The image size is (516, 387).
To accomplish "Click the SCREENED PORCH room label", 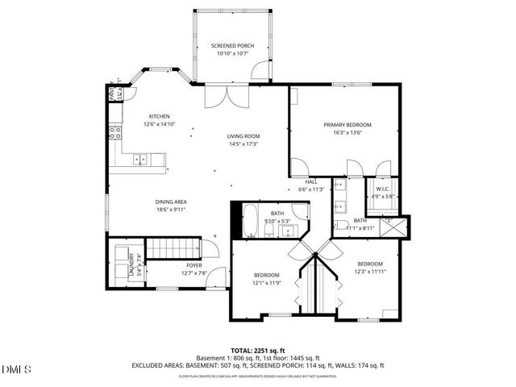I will click(x=232, y=46).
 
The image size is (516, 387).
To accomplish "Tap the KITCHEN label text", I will click(x=136, y=116).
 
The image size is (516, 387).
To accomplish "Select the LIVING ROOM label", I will click(x=242, y=135).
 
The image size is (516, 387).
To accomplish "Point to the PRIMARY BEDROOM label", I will click(x=347, y=125).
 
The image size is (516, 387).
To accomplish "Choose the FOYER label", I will click(x=194, y=265).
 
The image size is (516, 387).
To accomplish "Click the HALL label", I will click(x=310, y=182).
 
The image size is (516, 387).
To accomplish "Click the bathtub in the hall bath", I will click(x=251, y=220).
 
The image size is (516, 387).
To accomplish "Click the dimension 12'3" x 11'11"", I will click(x=370, y=271).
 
